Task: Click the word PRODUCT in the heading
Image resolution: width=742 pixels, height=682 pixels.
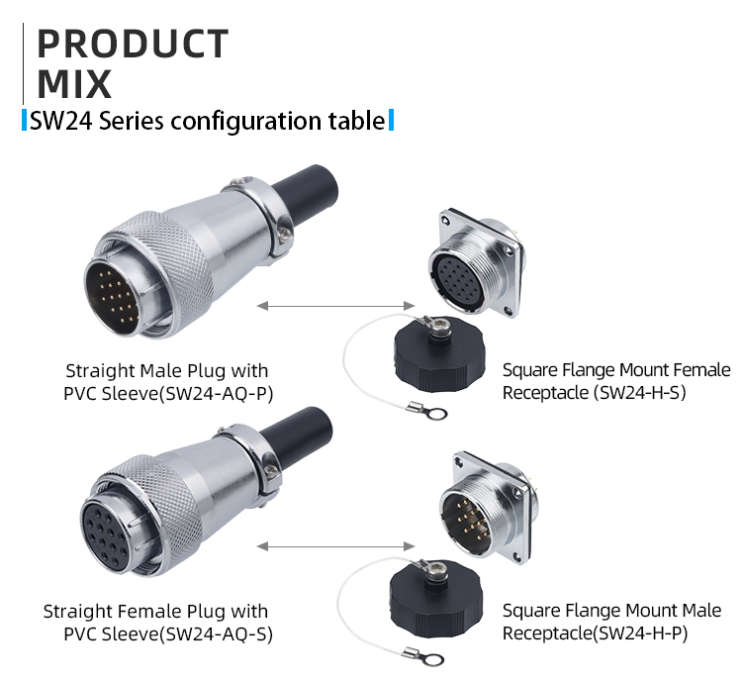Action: coord(133,45)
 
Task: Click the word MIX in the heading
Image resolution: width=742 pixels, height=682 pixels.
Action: coord(74,84)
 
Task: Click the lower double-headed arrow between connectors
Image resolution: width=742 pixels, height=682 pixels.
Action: coord(335,545)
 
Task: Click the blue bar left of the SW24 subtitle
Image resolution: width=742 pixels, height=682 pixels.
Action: coord(25,122)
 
